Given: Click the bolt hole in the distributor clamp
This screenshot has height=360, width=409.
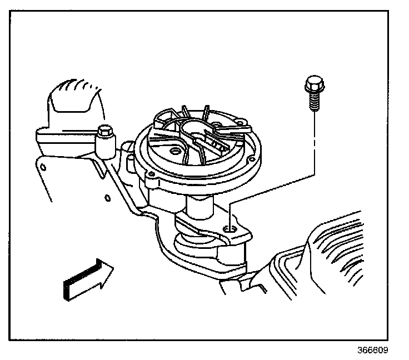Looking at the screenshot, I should (x=230, y=229).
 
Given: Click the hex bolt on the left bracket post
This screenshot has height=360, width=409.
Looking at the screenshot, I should (x=103, y=133).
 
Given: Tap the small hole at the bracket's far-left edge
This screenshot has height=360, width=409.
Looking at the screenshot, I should (x=43, y=166).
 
